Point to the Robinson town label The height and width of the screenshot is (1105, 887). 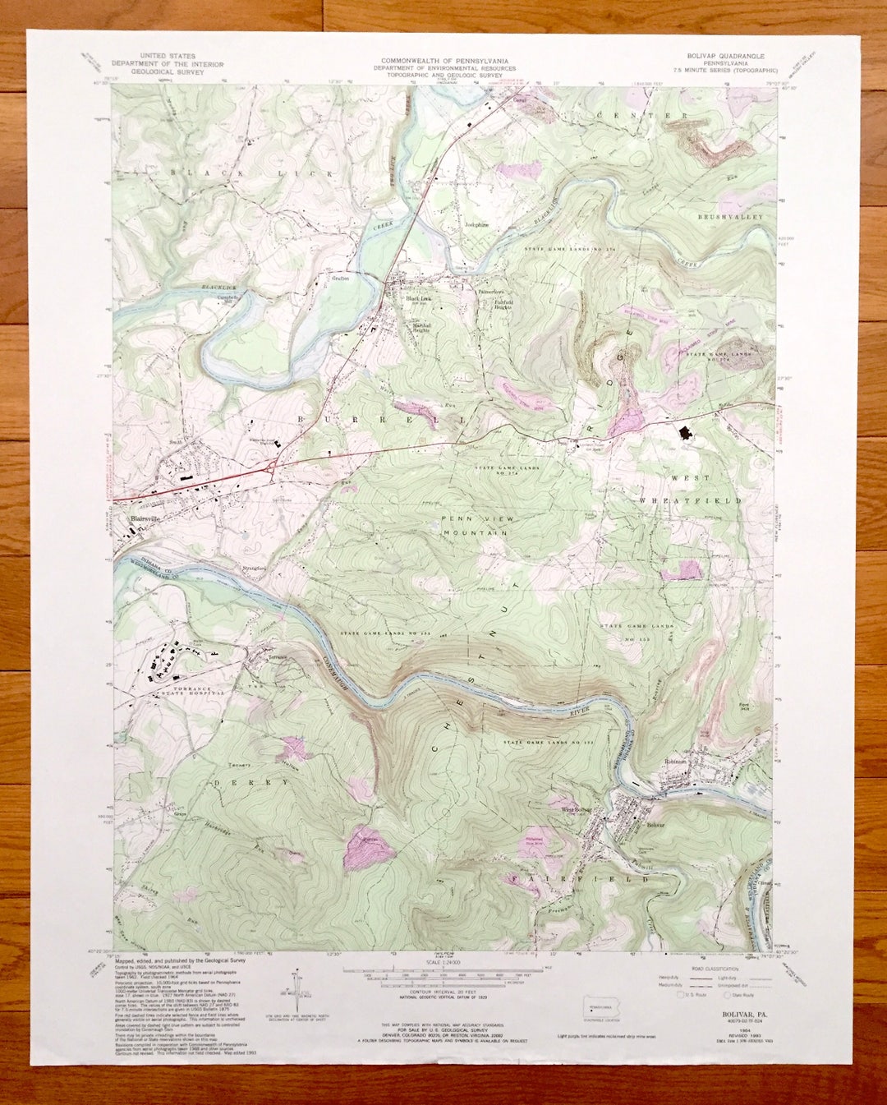point(675,762)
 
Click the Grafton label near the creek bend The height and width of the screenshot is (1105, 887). point(340,279)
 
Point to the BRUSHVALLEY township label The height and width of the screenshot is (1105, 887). point(730,217)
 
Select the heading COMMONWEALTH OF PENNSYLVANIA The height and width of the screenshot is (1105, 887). point(444,62)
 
